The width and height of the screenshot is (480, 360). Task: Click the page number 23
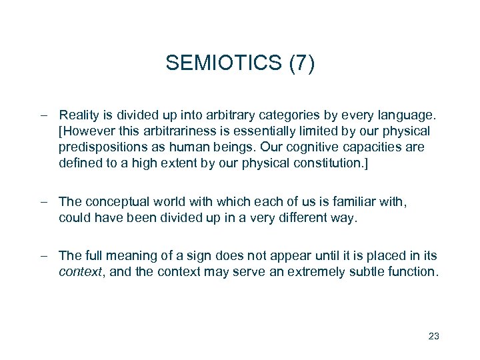pos(433,336)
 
